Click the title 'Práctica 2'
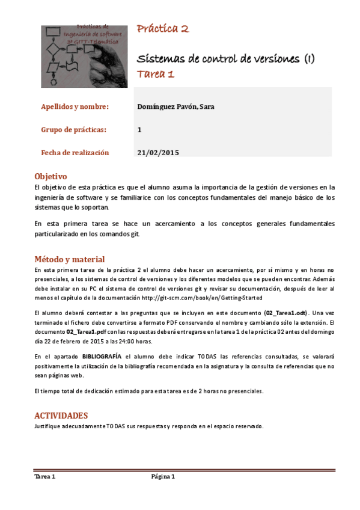[163, 29]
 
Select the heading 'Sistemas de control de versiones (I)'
[226, 59]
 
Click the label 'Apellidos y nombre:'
[75, 107]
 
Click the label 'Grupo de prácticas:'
[73, 129]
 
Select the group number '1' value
[139, 129]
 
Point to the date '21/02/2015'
[159, 152]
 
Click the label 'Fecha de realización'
[75, 152]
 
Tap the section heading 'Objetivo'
[50, 176]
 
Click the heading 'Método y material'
[70, 259]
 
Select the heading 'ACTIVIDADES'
[61, 416]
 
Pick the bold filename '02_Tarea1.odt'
[286, 313]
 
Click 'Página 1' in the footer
[163, 477]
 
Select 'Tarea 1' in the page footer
[45, 477]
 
